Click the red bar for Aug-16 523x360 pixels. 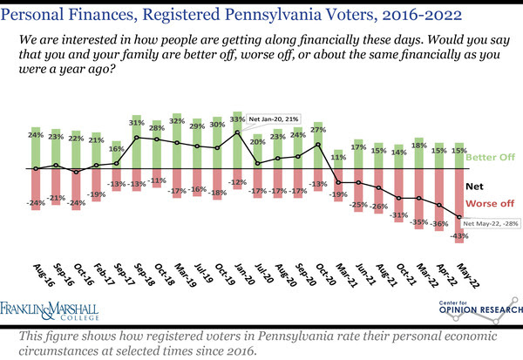click(x=36, y=187)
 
